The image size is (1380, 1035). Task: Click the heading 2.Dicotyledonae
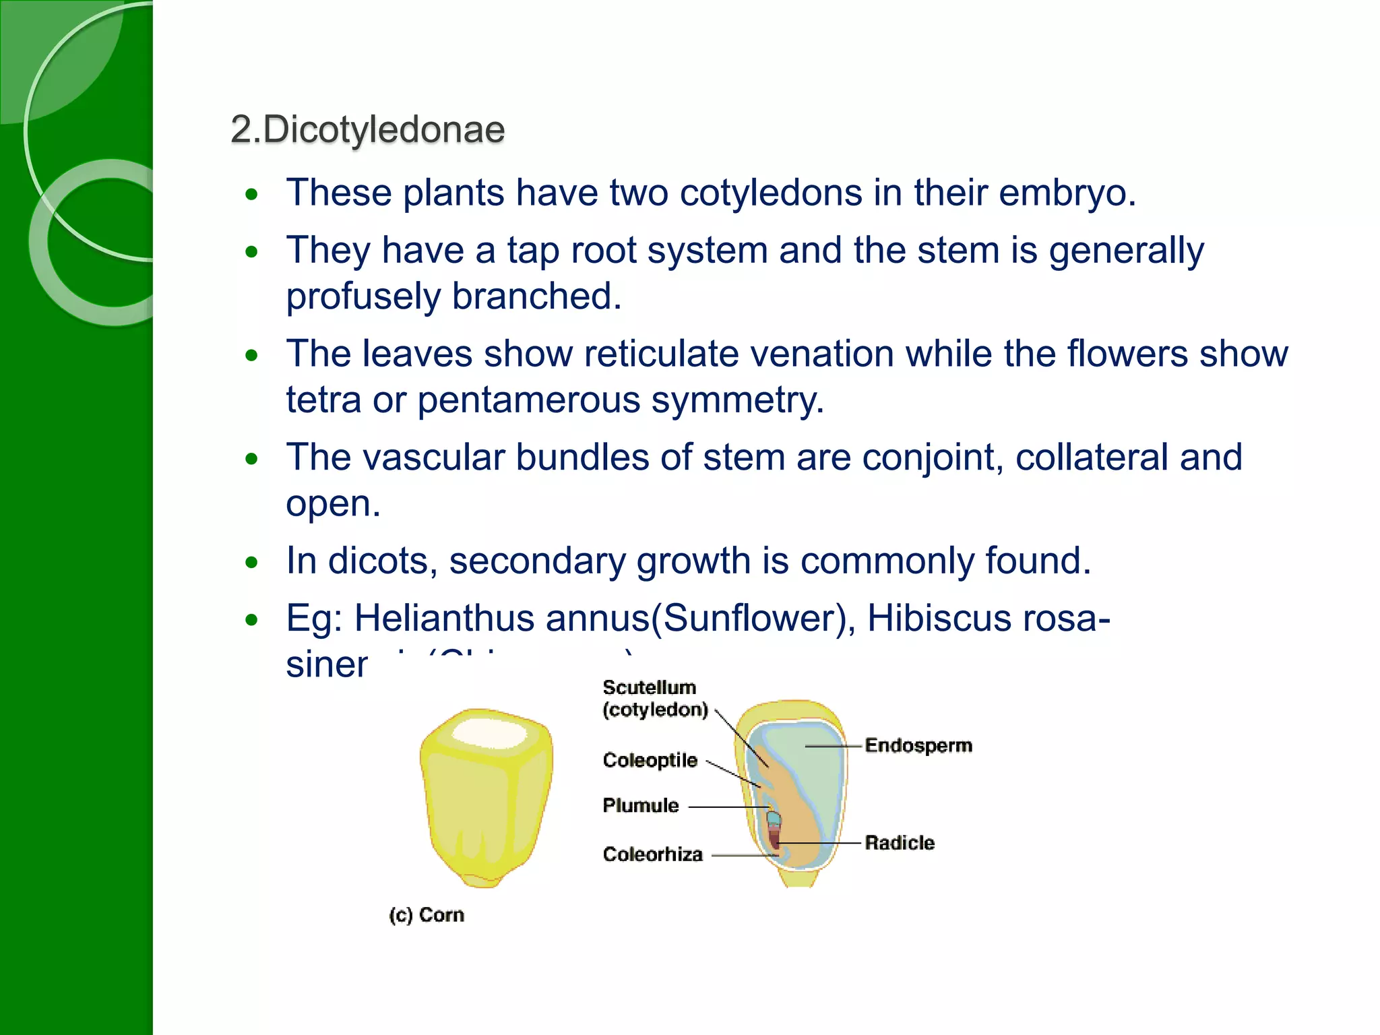367,129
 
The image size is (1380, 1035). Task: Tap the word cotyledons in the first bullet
771,193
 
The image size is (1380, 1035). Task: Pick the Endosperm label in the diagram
918,745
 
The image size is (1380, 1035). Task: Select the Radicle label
900,842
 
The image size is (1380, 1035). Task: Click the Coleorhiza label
652,854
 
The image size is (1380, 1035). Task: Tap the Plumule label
640,805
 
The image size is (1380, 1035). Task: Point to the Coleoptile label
650,760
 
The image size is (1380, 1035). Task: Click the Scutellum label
649,688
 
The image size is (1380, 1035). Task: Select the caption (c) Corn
427,915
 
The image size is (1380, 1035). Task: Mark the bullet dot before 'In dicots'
252,562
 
